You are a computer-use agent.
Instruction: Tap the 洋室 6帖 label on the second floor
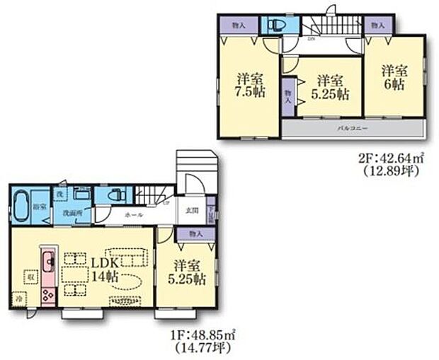pyautogui.click(x=394, y=78)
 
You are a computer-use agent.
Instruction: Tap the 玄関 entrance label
pyautogui.click(x=192, y=209)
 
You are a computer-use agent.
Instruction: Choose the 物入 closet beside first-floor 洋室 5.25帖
pyautogui.click(x=196, y=233)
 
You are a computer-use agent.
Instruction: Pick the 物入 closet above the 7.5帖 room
pyautogui.click(x=239, y=25)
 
